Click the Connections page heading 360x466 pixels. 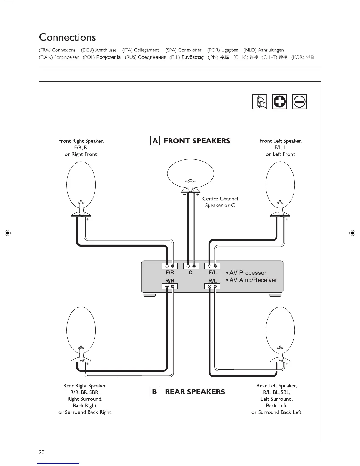click(x=67, y=37)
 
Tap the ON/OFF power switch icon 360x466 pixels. click(x=260, y=102)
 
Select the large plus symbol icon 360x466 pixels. click(x=279, y=102)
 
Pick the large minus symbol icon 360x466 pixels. click(x=299, y=102)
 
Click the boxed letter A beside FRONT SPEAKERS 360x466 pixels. click(x=155, y=141)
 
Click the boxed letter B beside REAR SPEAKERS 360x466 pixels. click(x=154, y=392)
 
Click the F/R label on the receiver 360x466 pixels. click(x=170, y=273)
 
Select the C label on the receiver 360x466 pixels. click(x=191, y=273)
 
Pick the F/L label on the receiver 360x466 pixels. click(x=212, y=273)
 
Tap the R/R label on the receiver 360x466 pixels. click(x=170, y=281)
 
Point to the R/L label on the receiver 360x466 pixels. click(x=212, y=281)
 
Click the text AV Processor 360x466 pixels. click(x=248, y=273)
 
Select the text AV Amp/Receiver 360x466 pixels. click(x=253, y=280)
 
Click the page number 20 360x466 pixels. click(x=41, y=452)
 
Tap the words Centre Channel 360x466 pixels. click(x=220, y=199)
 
